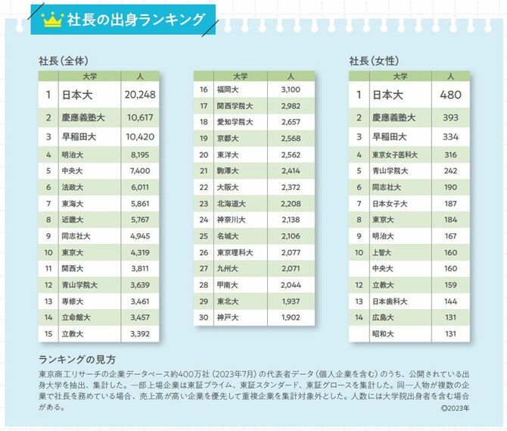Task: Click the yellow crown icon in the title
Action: coord(51,19)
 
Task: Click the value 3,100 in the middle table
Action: coord(290,90)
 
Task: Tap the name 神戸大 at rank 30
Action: coord(229,317)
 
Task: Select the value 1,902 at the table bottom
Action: coord(290,317)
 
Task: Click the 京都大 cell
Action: coord(229,139)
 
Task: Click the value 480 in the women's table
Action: coord(450,95)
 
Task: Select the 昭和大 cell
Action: coord(386,334)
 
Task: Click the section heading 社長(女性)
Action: coord(374,60)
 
